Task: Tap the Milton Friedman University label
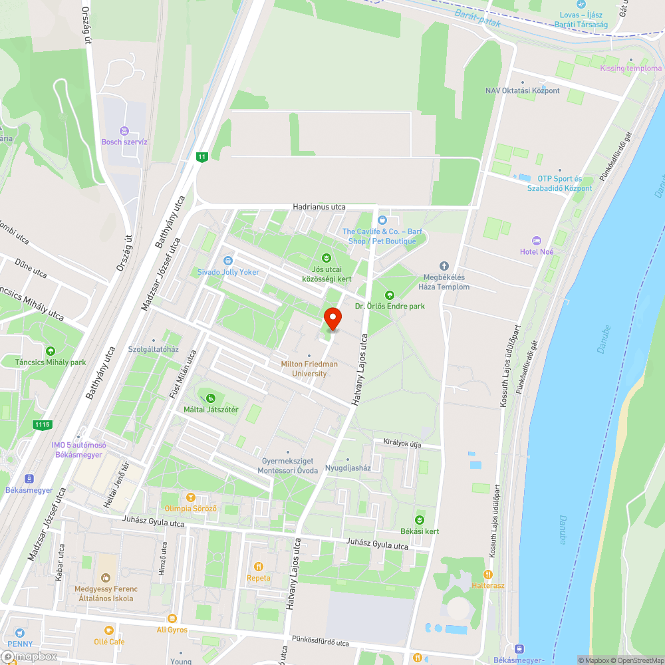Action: [309, 368]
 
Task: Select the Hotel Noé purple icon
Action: [537, 240]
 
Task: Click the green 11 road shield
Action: [202, 157]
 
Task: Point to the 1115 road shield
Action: [41, 424]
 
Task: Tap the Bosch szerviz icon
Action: [124, 130]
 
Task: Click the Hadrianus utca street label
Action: [319, 207]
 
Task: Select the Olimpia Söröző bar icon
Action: [191, 497]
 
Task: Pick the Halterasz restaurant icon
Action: [488, 574]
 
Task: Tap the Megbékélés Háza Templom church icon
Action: [444, 265]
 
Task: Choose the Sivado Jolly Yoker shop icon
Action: [228, 261]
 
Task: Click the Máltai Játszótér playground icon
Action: [211, 398]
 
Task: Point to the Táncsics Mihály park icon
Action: [51, 351]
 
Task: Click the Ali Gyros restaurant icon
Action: [172, 618]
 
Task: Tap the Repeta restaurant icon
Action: [258, 567]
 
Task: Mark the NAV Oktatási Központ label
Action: [522, 90]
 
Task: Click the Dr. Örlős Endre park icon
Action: [389, 295]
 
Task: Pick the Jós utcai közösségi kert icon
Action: [326, 258]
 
